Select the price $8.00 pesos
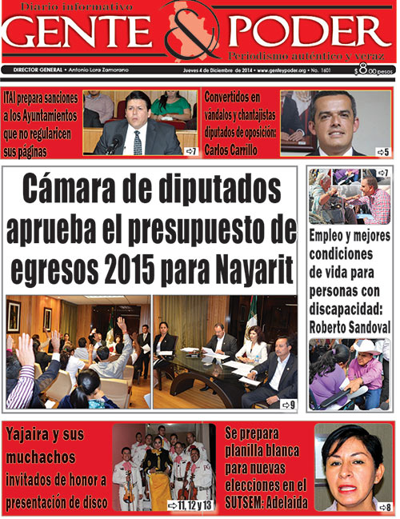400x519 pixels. coord(374,70)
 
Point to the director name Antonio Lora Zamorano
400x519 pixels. coord(106,70)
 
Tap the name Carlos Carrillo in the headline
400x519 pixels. coord(232,150)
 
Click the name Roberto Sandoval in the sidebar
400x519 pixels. coord(349,325)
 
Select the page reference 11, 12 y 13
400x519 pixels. coord(191,505)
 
